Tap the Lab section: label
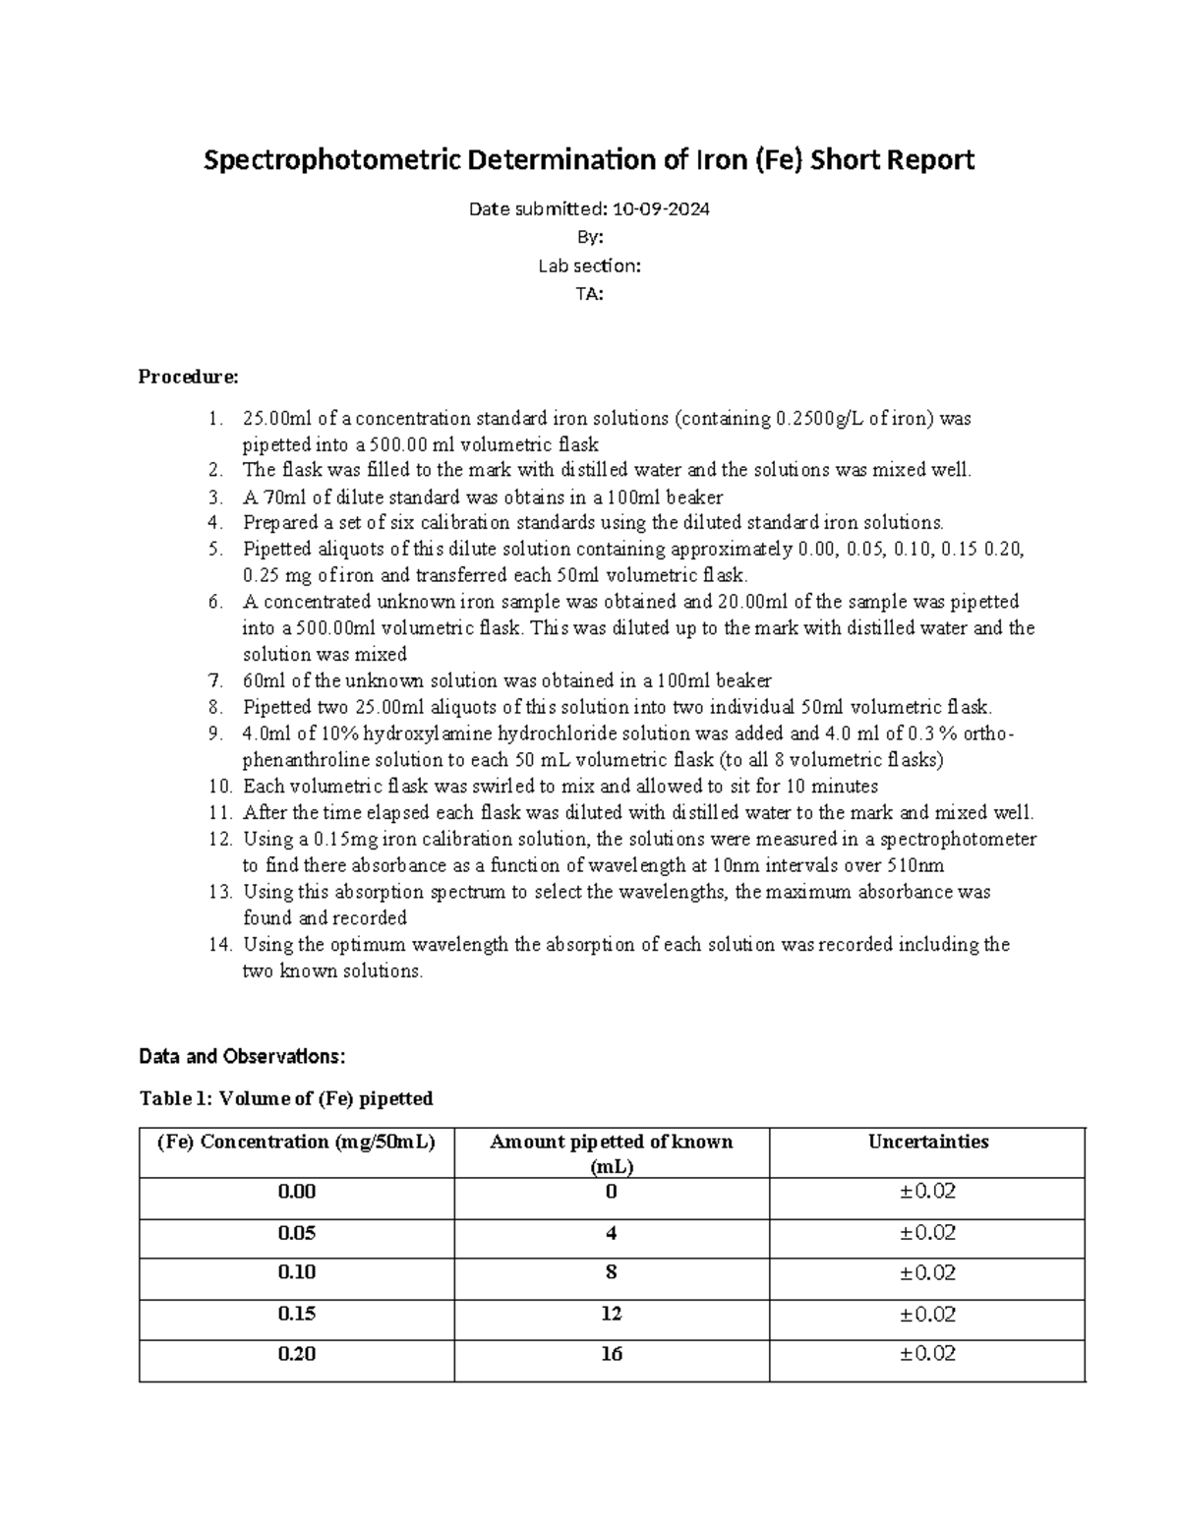click(589, 265)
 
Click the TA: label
click(589, 293)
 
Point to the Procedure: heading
click(188, 377)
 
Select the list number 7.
click(217, 680)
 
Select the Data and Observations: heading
click(242, 1057)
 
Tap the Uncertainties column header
click(927, 1142)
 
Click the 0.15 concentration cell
click(297, 1314)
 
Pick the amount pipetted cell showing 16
click(612, 1354)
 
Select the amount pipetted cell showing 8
click(612, 1272)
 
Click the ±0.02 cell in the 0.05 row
click(927, 1232)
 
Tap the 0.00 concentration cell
click(297, 1192)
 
